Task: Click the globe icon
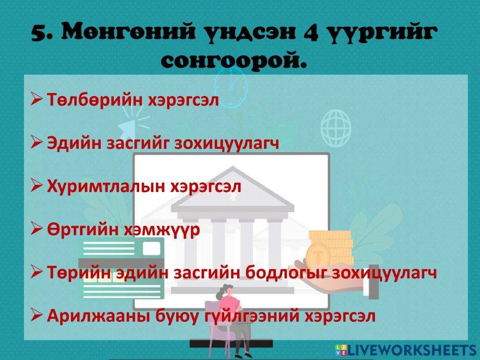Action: pyautogui.click(x=336, y=124)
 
